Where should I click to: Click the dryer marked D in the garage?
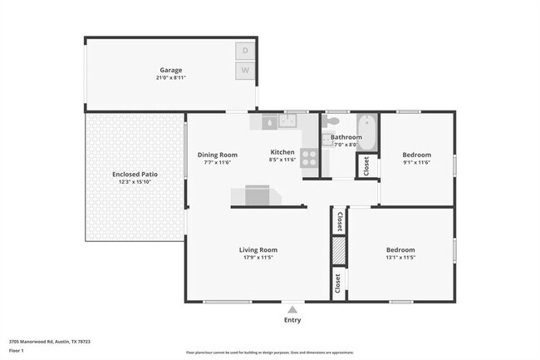[x=245, y=51]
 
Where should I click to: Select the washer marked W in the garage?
[x=245, y=71]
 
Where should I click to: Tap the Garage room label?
[x=171, y=70]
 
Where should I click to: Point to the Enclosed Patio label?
[x=135, y=175]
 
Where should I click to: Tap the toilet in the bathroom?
[x=327, y=139]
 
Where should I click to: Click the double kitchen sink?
[x=288, y=121]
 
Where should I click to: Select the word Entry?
[x=292, y=320]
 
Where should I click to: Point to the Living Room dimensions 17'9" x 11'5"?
[x=258, y=257]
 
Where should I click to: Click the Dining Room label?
[x=218, y=155]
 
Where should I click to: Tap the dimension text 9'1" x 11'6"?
[x=416, y=163]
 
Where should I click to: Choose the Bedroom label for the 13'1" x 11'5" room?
[x=400, y=249]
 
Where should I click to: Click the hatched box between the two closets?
[x=338, y=249]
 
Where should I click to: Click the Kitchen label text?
[x=282, y=152]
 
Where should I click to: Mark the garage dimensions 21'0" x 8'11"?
[x=171, y=77]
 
